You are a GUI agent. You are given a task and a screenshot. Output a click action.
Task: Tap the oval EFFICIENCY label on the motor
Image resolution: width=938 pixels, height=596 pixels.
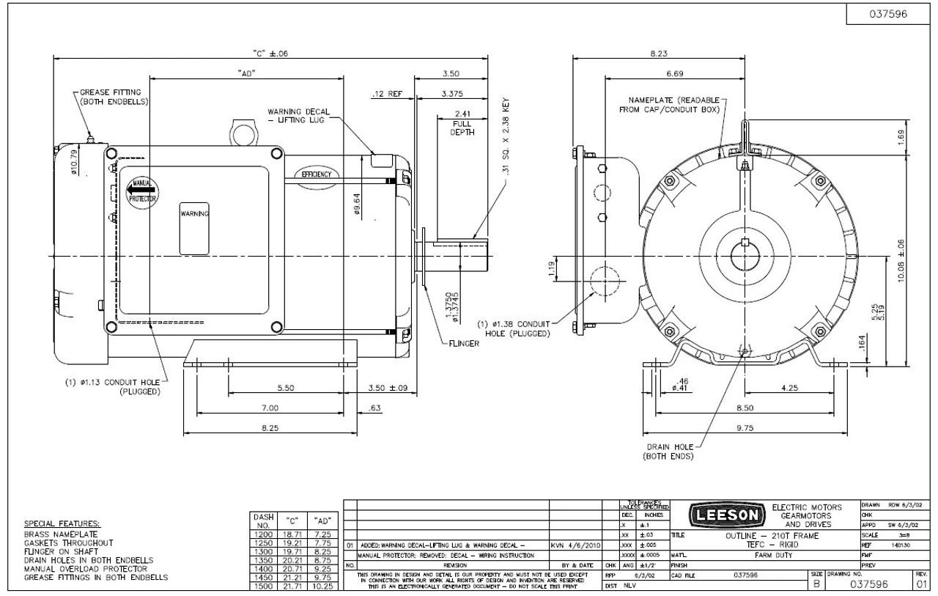pyautogui.click(x=316, y=175)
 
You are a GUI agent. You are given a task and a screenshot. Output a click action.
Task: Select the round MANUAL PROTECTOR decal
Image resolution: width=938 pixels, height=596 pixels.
pyautogui.click(x=141, y=190)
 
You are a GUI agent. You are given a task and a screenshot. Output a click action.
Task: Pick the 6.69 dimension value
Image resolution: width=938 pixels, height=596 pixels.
pyautogui.click(x=675, y=74)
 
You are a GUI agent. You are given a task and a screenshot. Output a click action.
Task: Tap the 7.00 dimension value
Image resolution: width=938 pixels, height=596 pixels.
pyautogui.click(x=270, y=408)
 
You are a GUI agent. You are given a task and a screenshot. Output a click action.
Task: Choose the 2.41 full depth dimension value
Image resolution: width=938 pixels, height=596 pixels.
pyautogui.click(x=462, y=114)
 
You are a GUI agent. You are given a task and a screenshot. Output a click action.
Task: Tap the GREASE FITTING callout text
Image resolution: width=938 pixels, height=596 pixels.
pyautogui.click(x=114, y=97)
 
